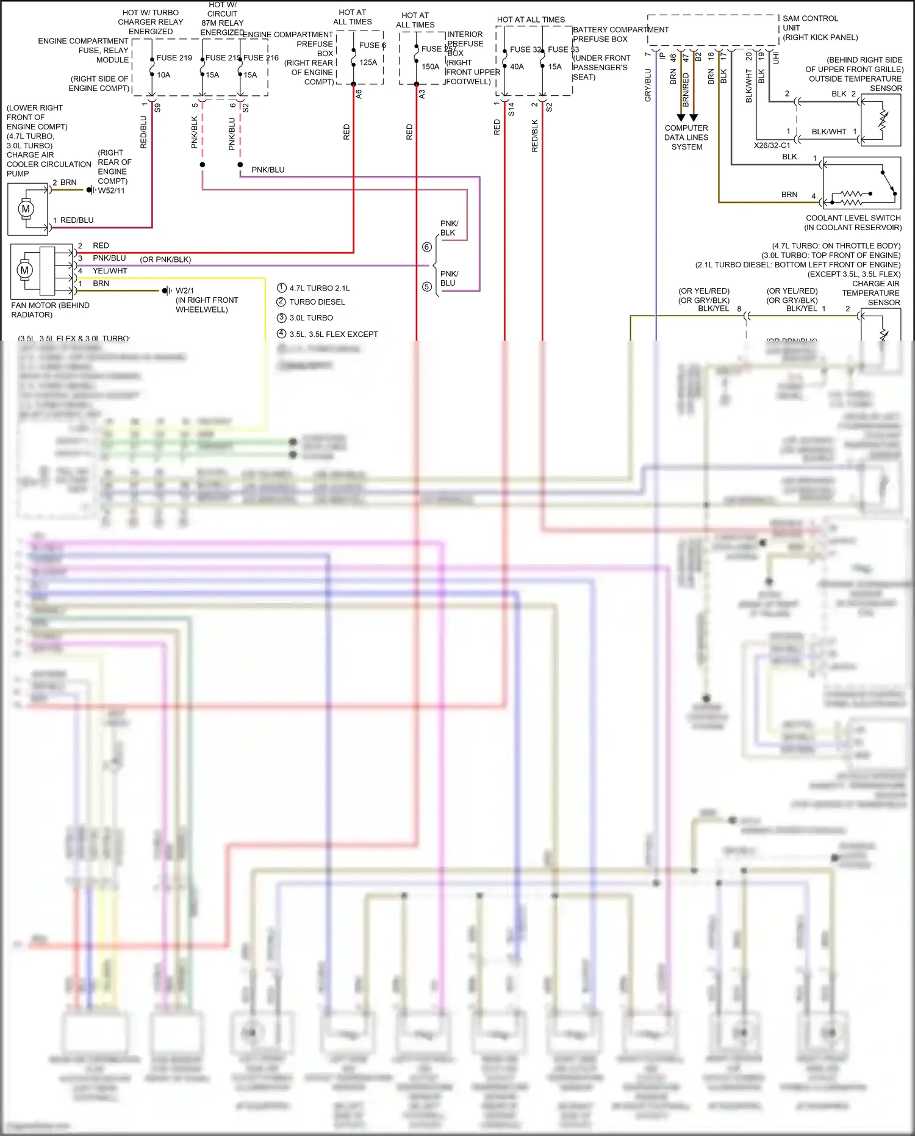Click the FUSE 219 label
pyautogui.click(x=174, y=58)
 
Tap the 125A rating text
pyautogui.click(x=368, y=62)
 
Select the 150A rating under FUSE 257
pyautogui.click(x=430, y=67)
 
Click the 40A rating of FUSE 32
pyautogui.click(x=517, y=67)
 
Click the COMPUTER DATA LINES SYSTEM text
pyautogui.click(x=686, y=137)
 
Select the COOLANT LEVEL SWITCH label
pyautogui.click(x=853, y=218)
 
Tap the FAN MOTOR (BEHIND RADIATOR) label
pyautogui.click(x=50, y=309)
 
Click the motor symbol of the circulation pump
pyautogui.click(x=26, y=209)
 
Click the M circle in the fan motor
pyautogui.click(x=24, y=270)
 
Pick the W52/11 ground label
pyautogui.click(x=111, y=190)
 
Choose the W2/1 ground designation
pyautogui.click(x=184, y=291)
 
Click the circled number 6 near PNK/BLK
pyautogui.click(x=427, y=247)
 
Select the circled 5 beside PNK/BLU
pyautogui.click(x=427, y=286)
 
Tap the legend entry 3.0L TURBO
pyautogui.click(x=310, y=318)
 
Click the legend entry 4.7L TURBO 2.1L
pyautogui.click(x=319, y=288)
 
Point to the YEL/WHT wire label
pyautogui.click(x=110, y=271)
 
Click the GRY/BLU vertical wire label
pyautogui.click(x=648, y=85)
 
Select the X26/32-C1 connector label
pyautogui.click(x=772, y=146)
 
